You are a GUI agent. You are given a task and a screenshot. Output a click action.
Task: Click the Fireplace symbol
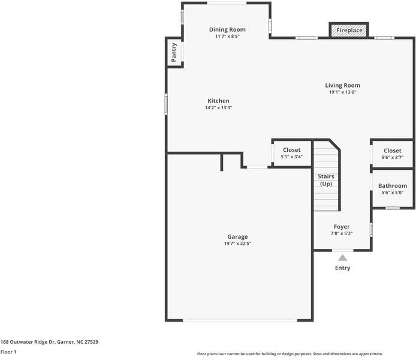(348, 30)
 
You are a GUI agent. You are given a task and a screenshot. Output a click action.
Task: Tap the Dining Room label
(227, 29)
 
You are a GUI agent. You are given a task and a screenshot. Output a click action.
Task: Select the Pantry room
(174, 52)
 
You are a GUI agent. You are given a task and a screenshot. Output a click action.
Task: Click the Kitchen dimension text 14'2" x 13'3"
(218, 108)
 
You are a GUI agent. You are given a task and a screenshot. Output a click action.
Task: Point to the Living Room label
(342, 85)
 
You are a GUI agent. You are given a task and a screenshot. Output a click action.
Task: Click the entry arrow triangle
(342, 257)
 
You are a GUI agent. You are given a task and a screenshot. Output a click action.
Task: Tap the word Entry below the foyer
(342, 268)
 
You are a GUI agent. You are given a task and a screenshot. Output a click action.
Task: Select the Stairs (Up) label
(326, 180)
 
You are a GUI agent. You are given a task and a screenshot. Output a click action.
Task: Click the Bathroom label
(392, 186)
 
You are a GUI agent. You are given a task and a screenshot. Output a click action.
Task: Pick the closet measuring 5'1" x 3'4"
(292, 153)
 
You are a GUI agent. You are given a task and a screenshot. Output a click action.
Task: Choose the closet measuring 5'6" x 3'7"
(392, 154)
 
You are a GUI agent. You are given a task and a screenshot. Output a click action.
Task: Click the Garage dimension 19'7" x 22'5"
(237, 244)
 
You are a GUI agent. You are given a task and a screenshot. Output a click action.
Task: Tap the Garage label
(237, 236)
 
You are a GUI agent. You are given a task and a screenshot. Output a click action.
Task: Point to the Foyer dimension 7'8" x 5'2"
(342, 233)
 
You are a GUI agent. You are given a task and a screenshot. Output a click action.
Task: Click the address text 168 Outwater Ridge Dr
(49, 342)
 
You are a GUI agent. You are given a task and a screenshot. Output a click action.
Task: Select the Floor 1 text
(8, 352)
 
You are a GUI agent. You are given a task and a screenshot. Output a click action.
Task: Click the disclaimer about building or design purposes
(290, 354)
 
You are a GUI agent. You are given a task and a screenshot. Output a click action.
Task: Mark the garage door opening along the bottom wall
(239, 320)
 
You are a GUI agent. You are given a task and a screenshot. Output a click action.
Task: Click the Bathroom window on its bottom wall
(392, 208)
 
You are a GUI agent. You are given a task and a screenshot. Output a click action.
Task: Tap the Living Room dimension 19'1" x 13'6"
(342, 92)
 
